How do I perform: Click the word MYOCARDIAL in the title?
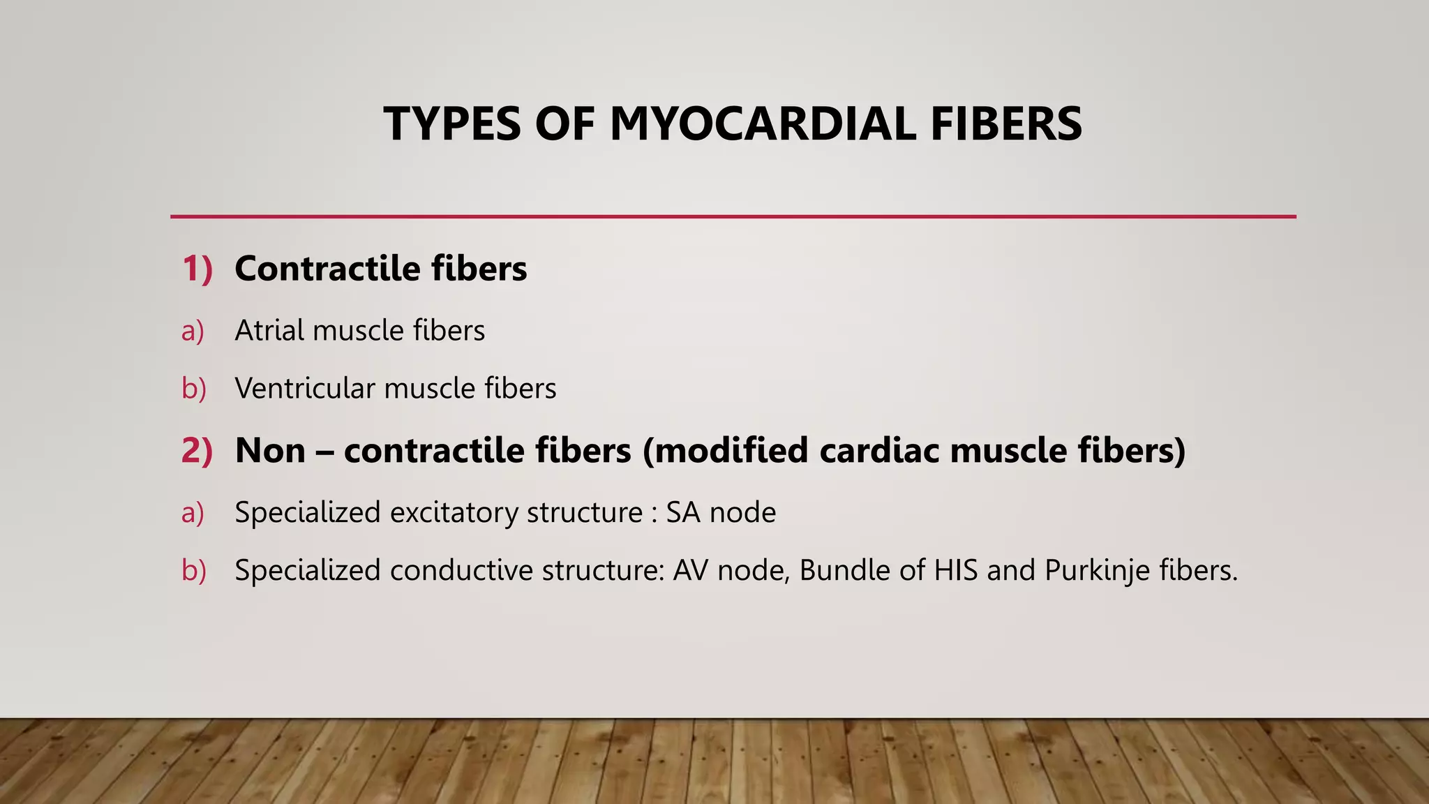tap(763, 124)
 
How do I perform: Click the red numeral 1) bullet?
tap(197, 269)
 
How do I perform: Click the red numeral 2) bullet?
tap(197, 450)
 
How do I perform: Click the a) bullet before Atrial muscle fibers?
tap(193, 331)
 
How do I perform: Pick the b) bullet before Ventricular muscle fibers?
tap(193, 389)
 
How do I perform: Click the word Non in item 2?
tap(270, 450)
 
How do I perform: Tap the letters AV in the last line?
tap(690, 570)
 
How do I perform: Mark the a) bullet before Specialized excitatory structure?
tap(193, 513)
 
